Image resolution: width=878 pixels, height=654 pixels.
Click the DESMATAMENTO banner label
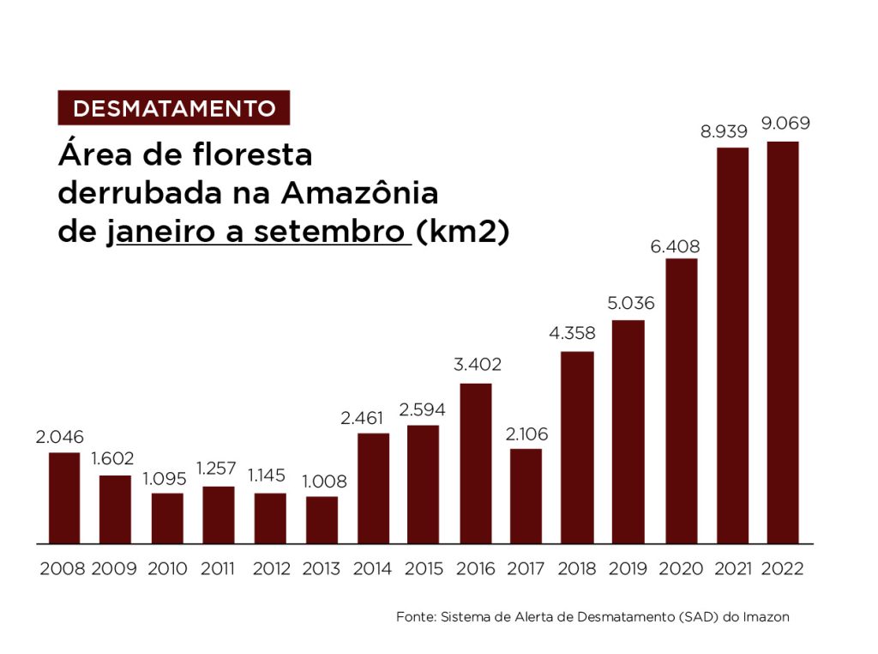[x=174, y=108]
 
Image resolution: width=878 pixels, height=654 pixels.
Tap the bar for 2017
[x=526, y=496]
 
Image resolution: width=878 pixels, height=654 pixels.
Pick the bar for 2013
[x=322, y=520]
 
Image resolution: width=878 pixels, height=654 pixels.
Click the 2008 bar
[x=64, y=498]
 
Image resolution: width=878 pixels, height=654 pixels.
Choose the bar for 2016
[x=476, y=463]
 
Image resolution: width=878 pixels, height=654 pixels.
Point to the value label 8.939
[x=724, y=131]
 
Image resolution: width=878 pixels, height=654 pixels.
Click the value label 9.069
[x=785, y=123]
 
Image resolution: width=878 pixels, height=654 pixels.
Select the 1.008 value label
[x=323, y=481]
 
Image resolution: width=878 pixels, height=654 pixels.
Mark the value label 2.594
[x=423, y=410]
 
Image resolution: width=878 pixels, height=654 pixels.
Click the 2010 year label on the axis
[x=167, y=568]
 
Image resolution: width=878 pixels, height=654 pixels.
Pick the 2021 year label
[x=732, y=568]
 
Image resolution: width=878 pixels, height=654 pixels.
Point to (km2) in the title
[x=462, y=232]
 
